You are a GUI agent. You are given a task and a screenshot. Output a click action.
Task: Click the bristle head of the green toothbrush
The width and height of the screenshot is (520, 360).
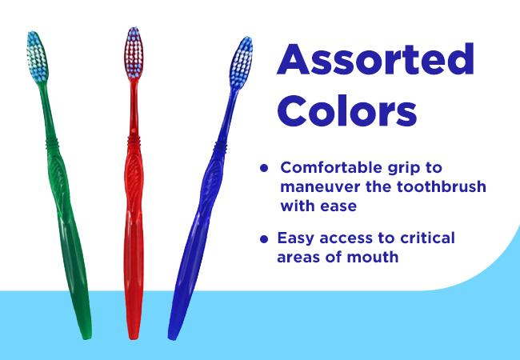[x=37, y=56]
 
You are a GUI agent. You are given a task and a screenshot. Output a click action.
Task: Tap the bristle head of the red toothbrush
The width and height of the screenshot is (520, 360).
[x=134, y=53]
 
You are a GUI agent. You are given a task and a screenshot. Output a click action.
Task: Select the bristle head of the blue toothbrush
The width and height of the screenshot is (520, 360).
[x=241, y=62]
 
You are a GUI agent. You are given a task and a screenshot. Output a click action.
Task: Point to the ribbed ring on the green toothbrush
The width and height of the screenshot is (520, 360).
[x=52, y=143]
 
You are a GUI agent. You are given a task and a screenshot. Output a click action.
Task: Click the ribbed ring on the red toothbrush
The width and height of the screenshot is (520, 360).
[x=134, y=141]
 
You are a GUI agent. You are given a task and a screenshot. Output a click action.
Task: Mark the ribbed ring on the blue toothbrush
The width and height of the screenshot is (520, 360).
[x=220, y=146]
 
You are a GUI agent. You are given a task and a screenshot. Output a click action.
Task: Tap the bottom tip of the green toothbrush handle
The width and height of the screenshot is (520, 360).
[x=87, y=338]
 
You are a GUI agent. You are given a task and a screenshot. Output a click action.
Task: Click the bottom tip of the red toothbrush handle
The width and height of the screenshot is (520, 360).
[x=134, y=338]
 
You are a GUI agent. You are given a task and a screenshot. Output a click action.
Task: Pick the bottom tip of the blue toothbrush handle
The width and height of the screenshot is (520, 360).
[x=172, y=338]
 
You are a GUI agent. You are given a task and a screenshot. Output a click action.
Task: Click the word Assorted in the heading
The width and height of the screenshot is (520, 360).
[x=375, y=60]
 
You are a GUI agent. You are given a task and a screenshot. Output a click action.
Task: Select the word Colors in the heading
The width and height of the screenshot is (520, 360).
[x=347, y=110]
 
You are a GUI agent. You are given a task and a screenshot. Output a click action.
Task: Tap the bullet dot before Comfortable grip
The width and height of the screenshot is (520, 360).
[x=264, y=168]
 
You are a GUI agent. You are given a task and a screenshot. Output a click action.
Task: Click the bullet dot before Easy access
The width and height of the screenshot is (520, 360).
[x=264, y=239]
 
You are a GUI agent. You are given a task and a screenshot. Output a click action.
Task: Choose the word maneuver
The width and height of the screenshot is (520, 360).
[x=320, y=187]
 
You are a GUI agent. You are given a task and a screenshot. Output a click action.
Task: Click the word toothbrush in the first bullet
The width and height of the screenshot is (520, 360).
[x=442, y=186]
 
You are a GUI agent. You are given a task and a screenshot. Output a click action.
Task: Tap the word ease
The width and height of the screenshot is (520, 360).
[x=338, y=206]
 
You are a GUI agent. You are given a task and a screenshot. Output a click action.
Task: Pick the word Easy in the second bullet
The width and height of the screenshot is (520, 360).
[x=296, y=238]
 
